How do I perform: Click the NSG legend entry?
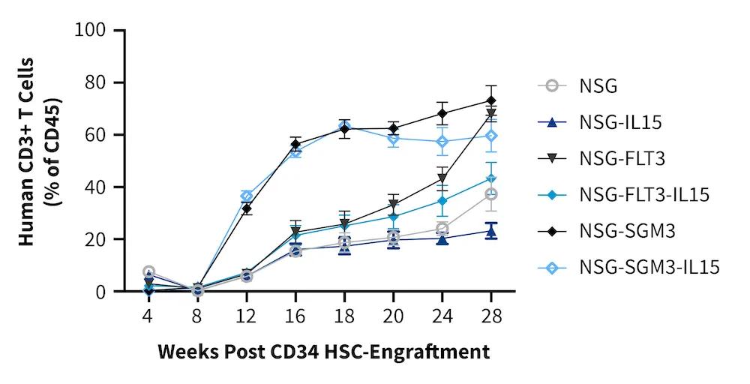point(598,85)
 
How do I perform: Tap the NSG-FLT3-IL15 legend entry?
point(643,195)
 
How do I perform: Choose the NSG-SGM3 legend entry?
point(627,231)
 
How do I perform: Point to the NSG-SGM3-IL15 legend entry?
point(649,267)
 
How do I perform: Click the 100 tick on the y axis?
point(95,31)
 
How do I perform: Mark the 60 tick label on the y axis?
point(100,135)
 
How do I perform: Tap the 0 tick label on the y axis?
point(106,292)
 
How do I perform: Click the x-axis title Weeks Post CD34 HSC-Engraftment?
point(324,351)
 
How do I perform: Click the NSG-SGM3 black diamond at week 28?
point(491,100)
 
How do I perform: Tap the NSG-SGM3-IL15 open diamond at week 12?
point(247,196)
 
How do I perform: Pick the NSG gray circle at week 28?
point(491,194)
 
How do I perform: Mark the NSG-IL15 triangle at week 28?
point(491,231)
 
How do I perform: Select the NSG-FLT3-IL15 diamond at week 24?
point(442,200)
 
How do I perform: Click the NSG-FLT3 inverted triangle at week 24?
point(442,178)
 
